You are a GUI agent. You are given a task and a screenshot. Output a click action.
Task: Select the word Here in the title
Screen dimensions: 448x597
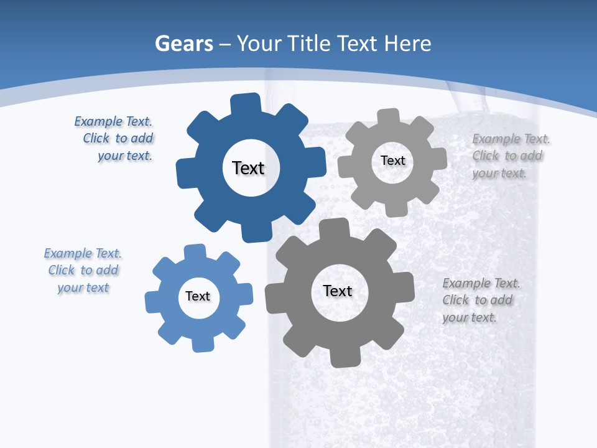point(407,44)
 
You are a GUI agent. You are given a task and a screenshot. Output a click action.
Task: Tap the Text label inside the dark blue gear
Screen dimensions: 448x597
point(249,168)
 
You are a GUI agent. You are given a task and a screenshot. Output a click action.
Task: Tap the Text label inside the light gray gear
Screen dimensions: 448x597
point(393,161)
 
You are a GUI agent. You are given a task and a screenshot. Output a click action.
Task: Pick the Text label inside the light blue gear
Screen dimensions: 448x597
point(198,296)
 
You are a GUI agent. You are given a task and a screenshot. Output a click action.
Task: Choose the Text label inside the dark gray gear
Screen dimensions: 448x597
point(338,291)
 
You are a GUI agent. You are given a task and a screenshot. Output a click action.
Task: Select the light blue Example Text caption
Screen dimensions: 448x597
point(83,271)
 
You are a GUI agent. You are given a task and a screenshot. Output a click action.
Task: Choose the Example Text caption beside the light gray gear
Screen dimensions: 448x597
point(508,156)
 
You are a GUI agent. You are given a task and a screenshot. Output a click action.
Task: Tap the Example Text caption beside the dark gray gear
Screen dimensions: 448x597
point(479,300)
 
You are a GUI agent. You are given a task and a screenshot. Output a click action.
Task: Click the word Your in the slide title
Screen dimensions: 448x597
point(260,44)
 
